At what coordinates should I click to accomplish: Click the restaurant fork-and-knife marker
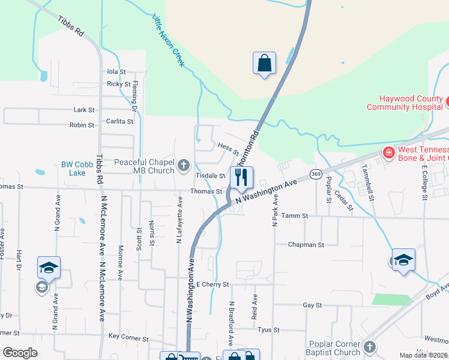[x=241, y=178]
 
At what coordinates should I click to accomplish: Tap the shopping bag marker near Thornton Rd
[x=264, y=62]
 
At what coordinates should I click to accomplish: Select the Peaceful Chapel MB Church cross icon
[x=184, y=164]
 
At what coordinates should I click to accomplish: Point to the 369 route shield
[x=315, y=174]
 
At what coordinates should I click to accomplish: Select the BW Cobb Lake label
[x=74, y=168]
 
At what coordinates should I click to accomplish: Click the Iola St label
[x=116, y=71]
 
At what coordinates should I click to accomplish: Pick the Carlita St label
[x=121, y=121]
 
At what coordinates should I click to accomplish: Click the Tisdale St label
[x=210, y=176]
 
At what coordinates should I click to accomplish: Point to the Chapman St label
[x=306, y=245]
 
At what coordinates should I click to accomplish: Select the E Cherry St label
[x=212, y=284]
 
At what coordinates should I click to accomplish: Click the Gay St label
[x=313, y=305]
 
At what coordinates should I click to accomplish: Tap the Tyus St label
[x=268, y=330]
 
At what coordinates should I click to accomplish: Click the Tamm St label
[x=294, y=215]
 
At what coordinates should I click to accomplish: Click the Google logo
[x=19, y=353]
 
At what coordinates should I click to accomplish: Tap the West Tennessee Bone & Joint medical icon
[x=388, y=152]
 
